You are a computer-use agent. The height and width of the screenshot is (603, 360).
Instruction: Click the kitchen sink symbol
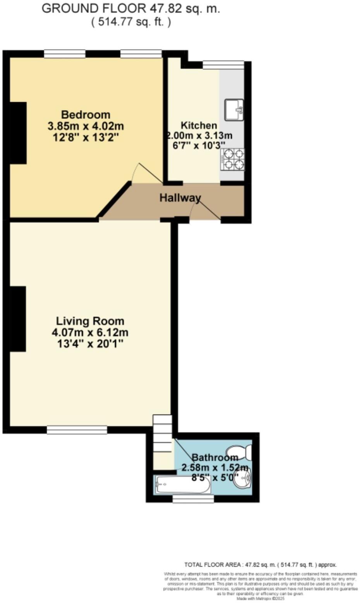(234, 110)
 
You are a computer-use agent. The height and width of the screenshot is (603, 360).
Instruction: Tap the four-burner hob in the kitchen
(233, 159)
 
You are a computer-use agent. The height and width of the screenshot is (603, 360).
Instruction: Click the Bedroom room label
(86, 115)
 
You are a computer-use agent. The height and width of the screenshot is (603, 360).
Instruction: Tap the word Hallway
(180, 198)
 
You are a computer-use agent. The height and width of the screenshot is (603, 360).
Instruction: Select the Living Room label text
(90, 321)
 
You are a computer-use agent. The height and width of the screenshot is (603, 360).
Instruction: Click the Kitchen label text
(199, 125)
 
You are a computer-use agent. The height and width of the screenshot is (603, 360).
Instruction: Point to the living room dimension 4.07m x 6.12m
(90, 332)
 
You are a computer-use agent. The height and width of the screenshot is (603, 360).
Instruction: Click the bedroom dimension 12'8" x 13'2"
(86, 137)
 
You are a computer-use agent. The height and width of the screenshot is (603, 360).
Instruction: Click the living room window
(77, 429)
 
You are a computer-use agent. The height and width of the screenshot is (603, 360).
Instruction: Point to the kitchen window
(223, 65)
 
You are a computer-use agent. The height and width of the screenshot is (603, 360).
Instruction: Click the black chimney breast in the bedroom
(18, 133)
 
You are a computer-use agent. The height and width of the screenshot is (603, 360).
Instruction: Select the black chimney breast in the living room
(18, 319)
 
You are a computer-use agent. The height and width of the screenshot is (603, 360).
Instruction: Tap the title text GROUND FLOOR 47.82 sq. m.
(131, 9)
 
